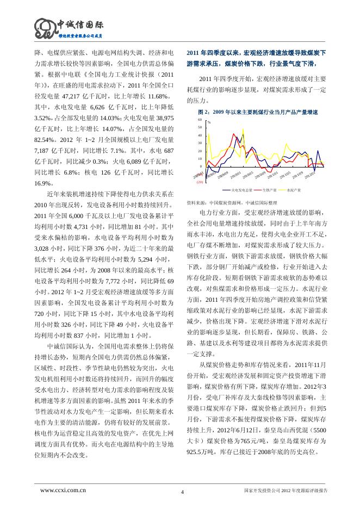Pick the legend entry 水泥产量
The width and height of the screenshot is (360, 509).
click(x=294, y=191)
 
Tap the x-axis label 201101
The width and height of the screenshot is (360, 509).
click(x=273, y=175)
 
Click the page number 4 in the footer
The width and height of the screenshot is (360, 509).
click(x=182, y=492)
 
